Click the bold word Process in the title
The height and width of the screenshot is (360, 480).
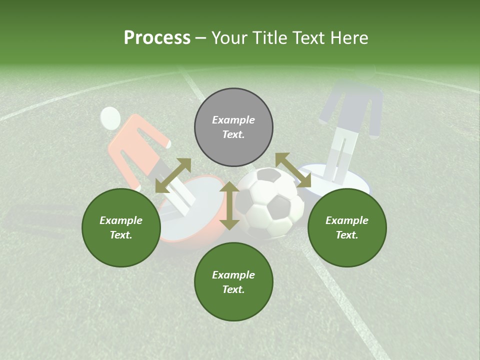click(x=157, y=38)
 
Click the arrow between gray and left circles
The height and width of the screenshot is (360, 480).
click(x=173, y=175)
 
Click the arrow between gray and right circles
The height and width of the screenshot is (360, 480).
click(x=293, y=170)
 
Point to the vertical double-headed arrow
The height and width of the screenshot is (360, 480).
click(x=229, y=206)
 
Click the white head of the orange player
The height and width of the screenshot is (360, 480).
click(x=110, y=118)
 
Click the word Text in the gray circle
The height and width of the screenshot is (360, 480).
click(x=233, y=135)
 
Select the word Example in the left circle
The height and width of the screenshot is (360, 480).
click(x=121, y=220)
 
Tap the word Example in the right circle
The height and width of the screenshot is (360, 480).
click(x=347, y=220)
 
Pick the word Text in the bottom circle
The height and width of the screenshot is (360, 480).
click(x=233, y=289)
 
